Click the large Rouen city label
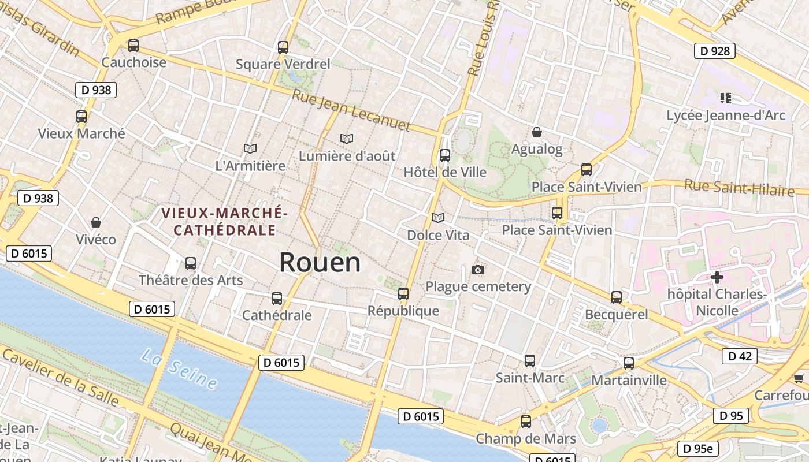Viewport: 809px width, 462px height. tap(320, 263)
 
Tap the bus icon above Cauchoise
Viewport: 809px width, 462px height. tap(133, 46)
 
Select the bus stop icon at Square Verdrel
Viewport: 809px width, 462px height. tap(283, 47)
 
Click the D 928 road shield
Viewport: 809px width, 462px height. tap(714, 51)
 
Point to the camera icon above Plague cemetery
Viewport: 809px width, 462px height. tap(478, 270)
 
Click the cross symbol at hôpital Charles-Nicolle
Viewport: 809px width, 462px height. tap(717, 277)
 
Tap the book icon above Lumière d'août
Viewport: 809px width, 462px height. tap(347, 139)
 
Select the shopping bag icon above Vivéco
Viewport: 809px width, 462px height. tap(96, 222)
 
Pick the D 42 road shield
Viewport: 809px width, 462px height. tap(739, 356)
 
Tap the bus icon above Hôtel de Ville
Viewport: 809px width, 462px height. tap(444, 155)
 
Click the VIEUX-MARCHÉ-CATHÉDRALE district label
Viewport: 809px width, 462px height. tap(224, 221)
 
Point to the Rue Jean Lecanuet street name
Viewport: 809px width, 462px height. tap(351, 110)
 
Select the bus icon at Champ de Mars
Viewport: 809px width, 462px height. tap(525, 422)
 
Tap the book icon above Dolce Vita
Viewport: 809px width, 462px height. tap(438, 218)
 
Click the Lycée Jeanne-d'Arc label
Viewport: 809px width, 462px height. tap(726, 115)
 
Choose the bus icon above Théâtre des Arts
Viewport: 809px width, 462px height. tap(190, 263)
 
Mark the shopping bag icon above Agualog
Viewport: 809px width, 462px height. tap(536, 132)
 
